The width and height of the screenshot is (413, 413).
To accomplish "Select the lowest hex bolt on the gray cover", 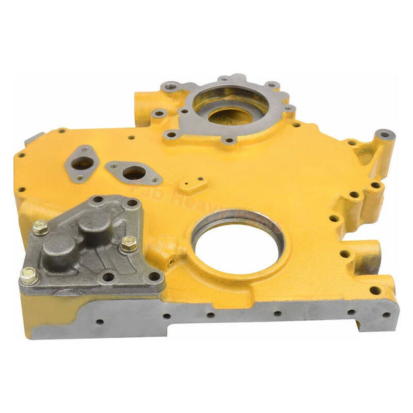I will (28, 277).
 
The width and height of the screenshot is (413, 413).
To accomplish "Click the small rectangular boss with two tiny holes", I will (187, 185).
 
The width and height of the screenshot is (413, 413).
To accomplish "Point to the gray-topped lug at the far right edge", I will (385, 136).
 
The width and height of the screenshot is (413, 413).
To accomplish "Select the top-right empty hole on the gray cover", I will (132, 204).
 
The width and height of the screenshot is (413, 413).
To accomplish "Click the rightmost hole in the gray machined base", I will (385, 315).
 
